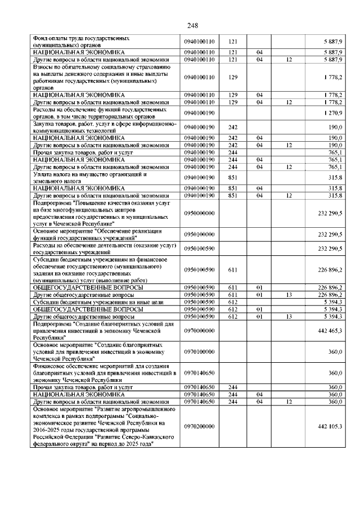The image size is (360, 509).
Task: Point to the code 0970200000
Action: [x=200, y=426]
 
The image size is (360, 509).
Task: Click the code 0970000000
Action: [x=200, y=332]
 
